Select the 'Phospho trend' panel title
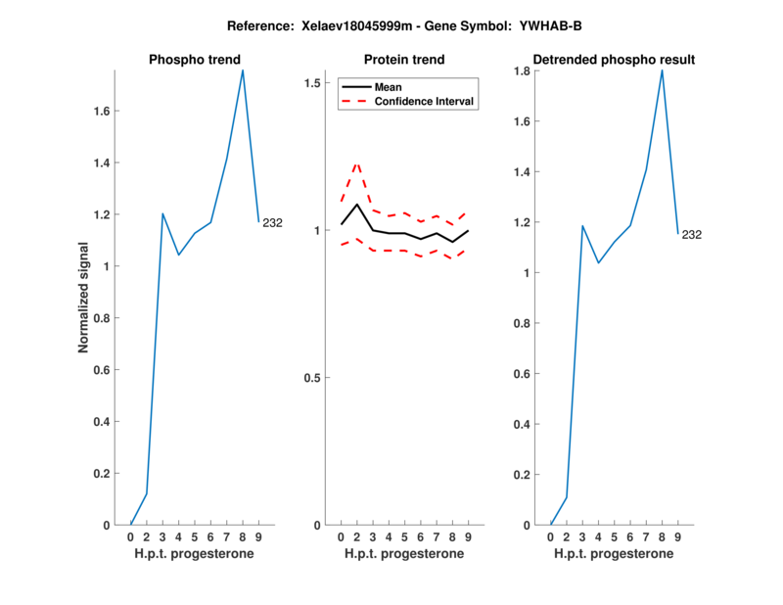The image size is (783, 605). [x=195, y=60]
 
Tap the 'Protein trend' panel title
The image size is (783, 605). [x=404, y=60]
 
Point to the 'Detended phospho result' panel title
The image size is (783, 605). [x=614, y=60]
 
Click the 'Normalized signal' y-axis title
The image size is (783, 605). [x=84, y=297]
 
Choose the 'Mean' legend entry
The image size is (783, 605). [x=389, y=87]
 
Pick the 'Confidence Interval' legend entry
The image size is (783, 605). [x=425, y=101]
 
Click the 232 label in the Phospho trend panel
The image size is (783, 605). [x=272, y=222]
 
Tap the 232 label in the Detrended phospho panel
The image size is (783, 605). [x=692, y=234]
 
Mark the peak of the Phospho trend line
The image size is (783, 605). [x=243, y=70]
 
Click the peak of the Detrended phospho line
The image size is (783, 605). [x=662, y=70]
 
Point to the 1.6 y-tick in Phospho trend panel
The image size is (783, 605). [x=102, y=112]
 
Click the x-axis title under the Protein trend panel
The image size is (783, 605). [x=404, y=554]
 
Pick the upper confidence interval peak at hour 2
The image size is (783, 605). [x=357, y=163]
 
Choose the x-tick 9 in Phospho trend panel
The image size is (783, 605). [x=258, y=537]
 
